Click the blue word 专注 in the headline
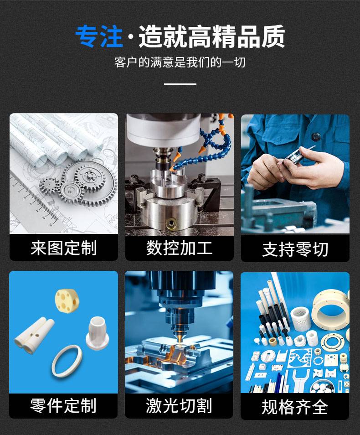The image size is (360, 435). point(99,36)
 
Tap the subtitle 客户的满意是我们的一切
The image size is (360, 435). point(180,62)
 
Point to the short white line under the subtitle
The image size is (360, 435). point(180,84)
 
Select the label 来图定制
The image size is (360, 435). point(63,248)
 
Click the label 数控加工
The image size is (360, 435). point(179,248)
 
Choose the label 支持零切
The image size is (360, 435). point(295,249)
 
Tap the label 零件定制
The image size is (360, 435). point(63,406)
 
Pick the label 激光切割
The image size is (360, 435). point(179,406)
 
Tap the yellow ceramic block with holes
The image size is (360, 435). point(67,301)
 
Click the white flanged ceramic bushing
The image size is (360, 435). point(98,332)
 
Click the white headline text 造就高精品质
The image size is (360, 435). point(211,36)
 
